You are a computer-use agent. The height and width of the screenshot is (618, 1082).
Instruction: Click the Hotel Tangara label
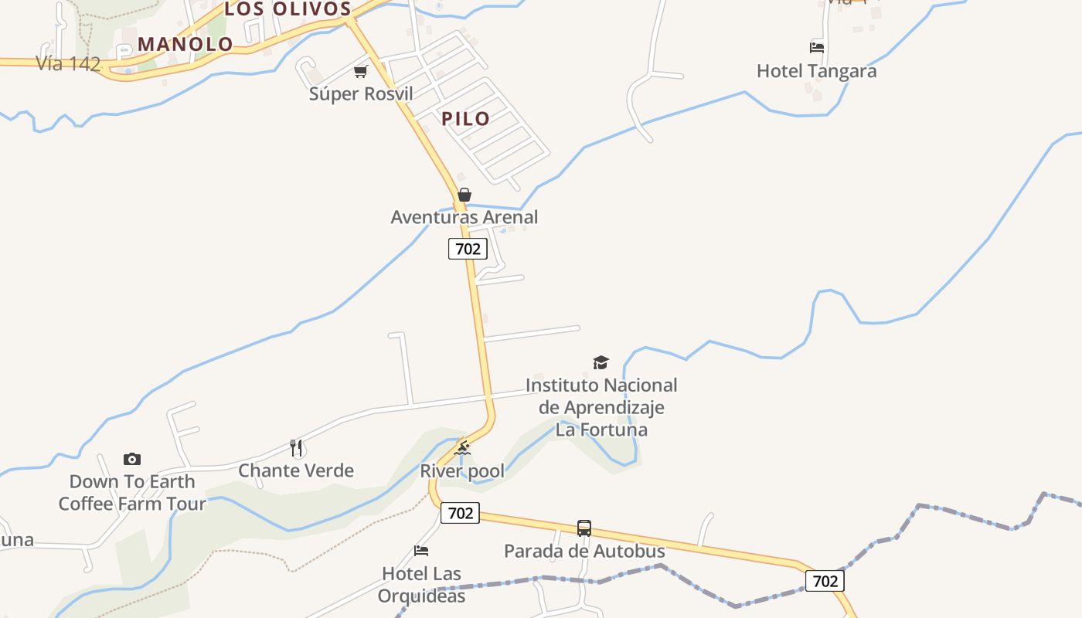[816, 71]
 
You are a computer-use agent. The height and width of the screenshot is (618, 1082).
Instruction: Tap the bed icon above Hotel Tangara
[816, 48]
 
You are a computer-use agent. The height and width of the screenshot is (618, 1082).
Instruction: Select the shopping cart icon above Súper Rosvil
[360, 72]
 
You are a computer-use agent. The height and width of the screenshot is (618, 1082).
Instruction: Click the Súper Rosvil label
[361, 94]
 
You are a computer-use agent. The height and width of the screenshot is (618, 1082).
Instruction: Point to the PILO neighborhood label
[465, 118]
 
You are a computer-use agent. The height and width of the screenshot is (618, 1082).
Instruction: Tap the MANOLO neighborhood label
[185, 44]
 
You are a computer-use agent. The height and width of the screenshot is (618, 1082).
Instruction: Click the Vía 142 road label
[68, 64]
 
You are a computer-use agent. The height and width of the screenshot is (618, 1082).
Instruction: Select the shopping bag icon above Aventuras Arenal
[464, 195]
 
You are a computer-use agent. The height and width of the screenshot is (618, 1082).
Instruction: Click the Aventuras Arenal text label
[464, 217]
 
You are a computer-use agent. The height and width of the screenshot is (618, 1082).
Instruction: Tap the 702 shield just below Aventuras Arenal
[468, 249]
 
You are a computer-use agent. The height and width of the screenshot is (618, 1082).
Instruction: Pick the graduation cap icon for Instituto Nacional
[601, 362]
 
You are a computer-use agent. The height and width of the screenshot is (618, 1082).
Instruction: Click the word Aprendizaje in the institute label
[601, 407]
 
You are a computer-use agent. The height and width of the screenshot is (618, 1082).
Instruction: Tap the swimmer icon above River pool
[462, 448]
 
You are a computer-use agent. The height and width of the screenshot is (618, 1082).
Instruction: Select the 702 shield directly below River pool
[460, 513]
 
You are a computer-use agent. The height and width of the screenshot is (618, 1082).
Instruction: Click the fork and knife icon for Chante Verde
[296, 448]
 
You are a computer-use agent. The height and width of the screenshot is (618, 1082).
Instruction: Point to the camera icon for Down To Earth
[132, 460]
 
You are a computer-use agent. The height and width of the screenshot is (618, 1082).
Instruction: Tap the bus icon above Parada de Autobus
[584, 528]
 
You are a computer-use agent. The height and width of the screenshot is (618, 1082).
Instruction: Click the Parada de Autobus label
[584, 551]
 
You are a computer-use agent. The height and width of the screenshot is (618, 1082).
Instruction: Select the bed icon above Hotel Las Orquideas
[421, 551]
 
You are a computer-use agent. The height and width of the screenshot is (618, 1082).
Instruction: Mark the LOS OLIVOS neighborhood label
[288, 9]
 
